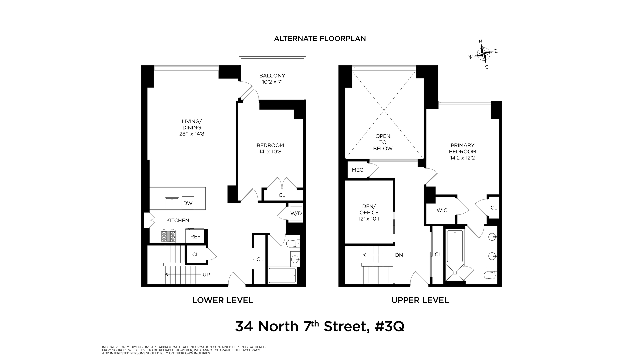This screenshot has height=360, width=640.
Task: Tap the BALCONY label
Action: (x=272, y=76)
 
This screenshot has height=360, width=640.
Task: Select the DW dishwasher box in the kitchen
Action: (x=188, y=203)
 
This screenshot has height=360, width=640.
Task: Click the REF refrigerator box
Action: (x=195, y=237)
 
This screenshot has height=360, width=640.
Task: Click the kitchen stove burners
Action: (x=168, y=236)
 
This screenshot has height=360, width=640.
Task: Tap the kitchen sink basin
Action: (x=172, y=202)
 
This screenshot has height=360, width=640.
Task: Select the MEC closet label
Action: (x=357, y=170)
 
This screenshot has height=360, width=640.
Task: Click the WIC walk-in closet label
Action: (x=442, y=210)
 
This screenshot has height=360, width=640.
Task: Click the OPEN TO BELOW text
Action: (x=383, y=142)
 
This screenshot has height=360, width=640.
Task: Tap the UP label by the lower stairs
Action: (x=206, y=275)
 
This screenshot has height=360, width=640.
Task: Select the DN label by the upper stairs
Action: (x=399, y=255)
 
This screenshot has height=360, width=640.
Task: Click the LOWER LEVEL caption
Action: (x=223, y=300)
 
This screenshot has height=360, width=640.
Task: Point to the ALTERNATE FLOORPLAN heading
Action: (x=320, y=39)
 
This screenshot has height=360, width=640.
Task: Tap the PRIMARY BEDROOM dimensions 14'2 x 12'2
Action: (x=462, y=158)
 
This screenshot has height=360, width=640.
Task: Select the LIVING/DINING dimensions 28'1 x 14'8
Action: (x=192, y=134)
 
